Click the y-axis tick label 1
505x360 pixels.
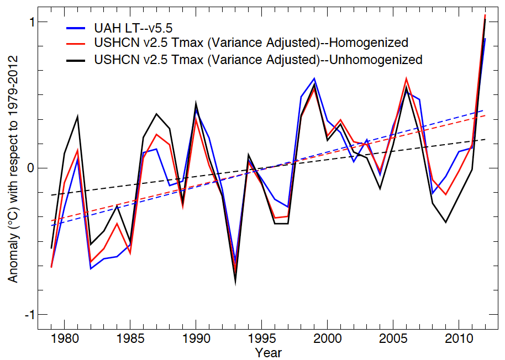tap(32, 22)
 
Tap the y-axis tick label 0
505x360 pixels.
tap(31, 168)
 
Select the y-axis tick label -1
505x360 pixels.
tap(29, 314)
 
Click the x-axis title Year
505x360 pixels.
tap(269, 352)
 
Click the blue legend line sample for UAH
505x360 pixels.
tap(76, 27)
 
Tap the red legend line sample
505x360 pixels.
tap(76, 43)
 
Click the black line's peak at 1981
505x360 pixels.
tap(77, 117)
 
